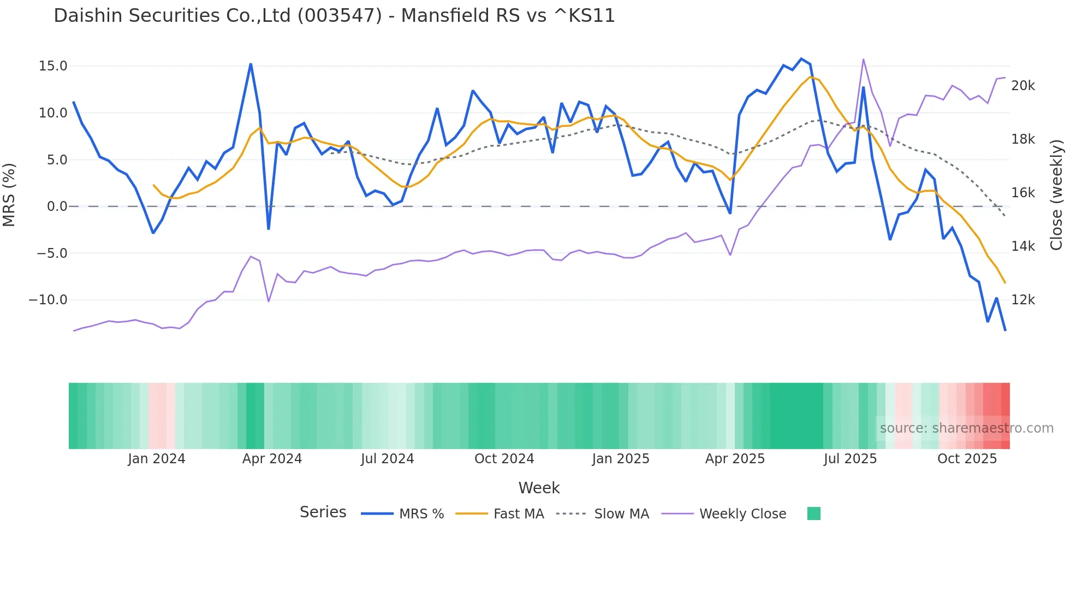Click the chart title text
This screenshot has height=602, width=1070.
334,16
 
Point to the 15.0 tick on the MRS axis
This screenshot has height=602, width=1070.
53,66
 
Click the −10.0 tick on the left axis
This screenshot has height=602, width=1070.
48,300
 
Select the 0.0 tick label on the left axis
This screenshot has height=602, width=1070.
57,206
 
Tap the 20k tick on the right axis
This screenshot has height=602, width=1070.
1023,86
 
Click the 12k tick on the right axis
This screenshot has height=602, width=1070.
1023,300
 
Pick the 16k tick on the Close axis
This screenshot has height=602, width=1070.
1023,193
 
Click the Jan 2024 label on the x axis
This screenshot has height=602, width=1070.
157,459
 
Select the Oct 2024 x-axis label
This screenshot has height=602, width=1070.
504,459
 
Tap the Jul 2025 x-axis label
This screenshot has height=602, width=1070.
850,459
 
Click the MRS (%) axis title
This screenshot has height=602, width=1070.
9,194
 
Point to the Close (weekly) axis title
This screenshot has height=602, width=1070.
1057,194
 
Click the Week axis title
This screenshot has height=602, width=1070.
539,488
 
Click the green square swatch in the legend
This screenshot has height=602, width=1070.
813,514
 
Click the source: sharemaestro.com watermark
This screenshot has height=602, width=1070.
966,428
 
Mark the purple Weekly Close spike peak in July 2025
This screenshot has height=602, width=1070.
863,59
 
